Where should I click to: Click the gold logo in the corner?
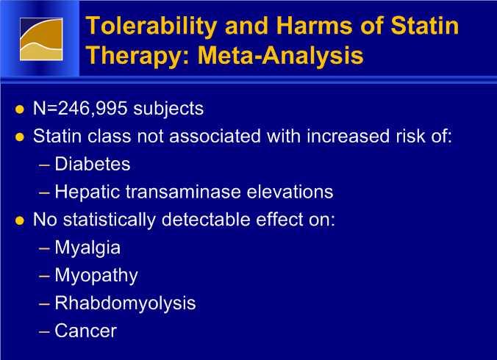41,39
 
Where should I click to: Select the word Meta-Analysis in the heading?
281,55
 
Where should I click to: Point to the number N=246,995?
80,109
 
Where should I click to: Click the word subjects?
168,109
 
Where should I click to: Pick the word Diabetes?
92,164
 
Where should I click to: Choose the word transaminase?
183,192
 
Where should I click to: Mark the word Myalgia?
87,248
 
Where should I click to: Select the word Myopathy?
96,276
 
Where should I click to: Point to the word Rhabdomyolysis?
125,303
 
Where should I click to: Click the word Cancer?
85,331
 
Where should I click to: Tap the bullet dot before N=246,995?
20,109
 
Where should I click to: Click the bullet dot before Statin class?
20,137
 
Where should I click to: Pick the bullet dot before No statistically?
20,220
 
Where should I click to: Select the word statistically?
110,220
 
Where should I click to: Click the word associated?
215,137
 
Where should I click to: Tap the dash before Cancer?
44,332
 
